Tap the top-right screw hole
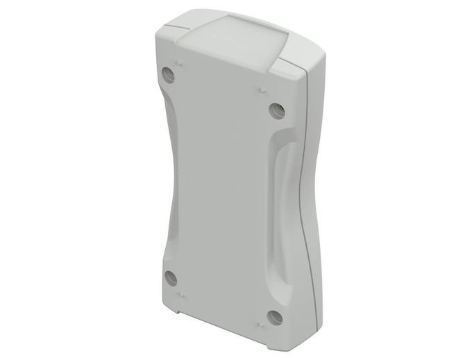[277, 110]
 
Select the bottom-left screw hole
[171, 278]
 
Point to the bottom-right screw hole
[275, 318]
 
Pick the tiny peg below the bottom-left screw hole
[180, 295]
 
